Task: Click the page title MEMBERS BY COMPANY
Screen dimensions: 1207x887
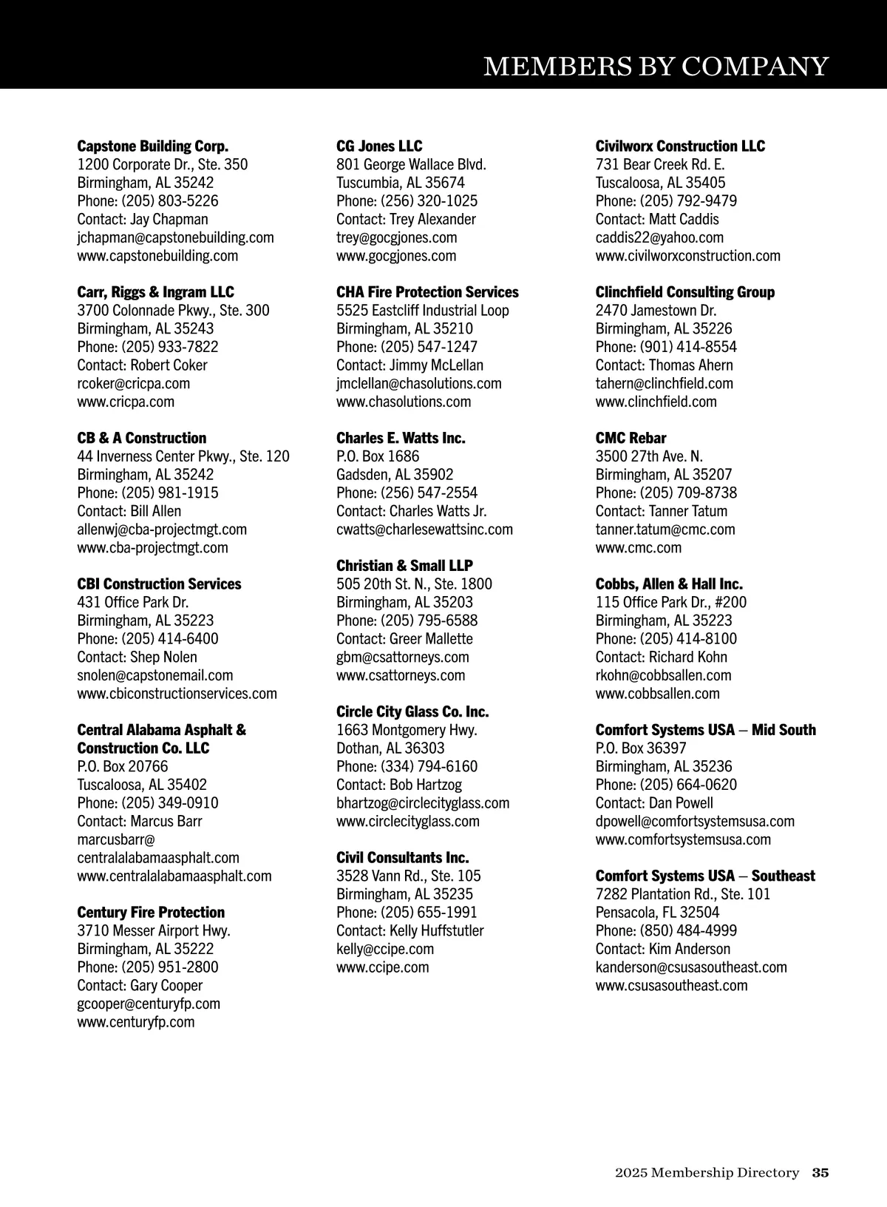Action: point(656,67)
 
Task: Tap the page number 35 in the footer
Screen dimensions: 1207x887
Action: point(820,1172)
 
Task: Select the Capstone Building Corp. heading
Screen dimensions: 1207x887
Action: point(153,146)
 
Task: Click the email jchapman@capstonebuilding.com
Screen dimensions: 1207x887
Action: point(175,237)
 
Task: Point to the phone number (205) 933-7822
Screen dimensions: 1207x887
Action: point(170,347)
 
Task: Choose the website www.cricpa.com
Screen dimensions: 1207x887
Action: point(126,402)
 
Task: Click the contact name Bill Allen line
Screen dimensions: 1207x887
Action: point(129,511)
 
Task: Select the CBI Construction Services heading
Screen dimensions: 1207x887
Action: point(159,584)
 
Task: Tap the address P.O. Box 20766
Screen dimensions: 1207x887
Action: point(123,766)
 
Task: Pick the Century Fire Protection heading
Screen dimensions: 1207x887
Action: point(151,913)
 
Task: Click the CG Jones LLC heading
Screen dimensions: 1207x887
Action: point(379,146)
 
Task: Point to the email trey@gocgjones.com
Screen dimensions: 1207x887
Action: point(396,237)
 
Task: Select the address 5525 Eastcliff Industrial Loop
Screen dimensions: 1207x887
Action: point(423,311)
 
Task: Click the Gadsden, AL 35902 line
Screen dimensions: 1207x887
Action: point(395,475)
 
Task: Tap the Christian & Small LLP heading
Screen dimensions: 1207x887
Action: point(404,566)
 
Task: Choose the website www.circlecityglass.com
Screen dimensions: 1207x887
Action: point(408,821)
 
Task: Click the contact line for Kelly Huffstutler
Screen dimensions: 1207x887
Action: point(410,930)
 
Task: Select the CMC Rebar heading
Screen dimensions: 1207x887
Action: point(631,438)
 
